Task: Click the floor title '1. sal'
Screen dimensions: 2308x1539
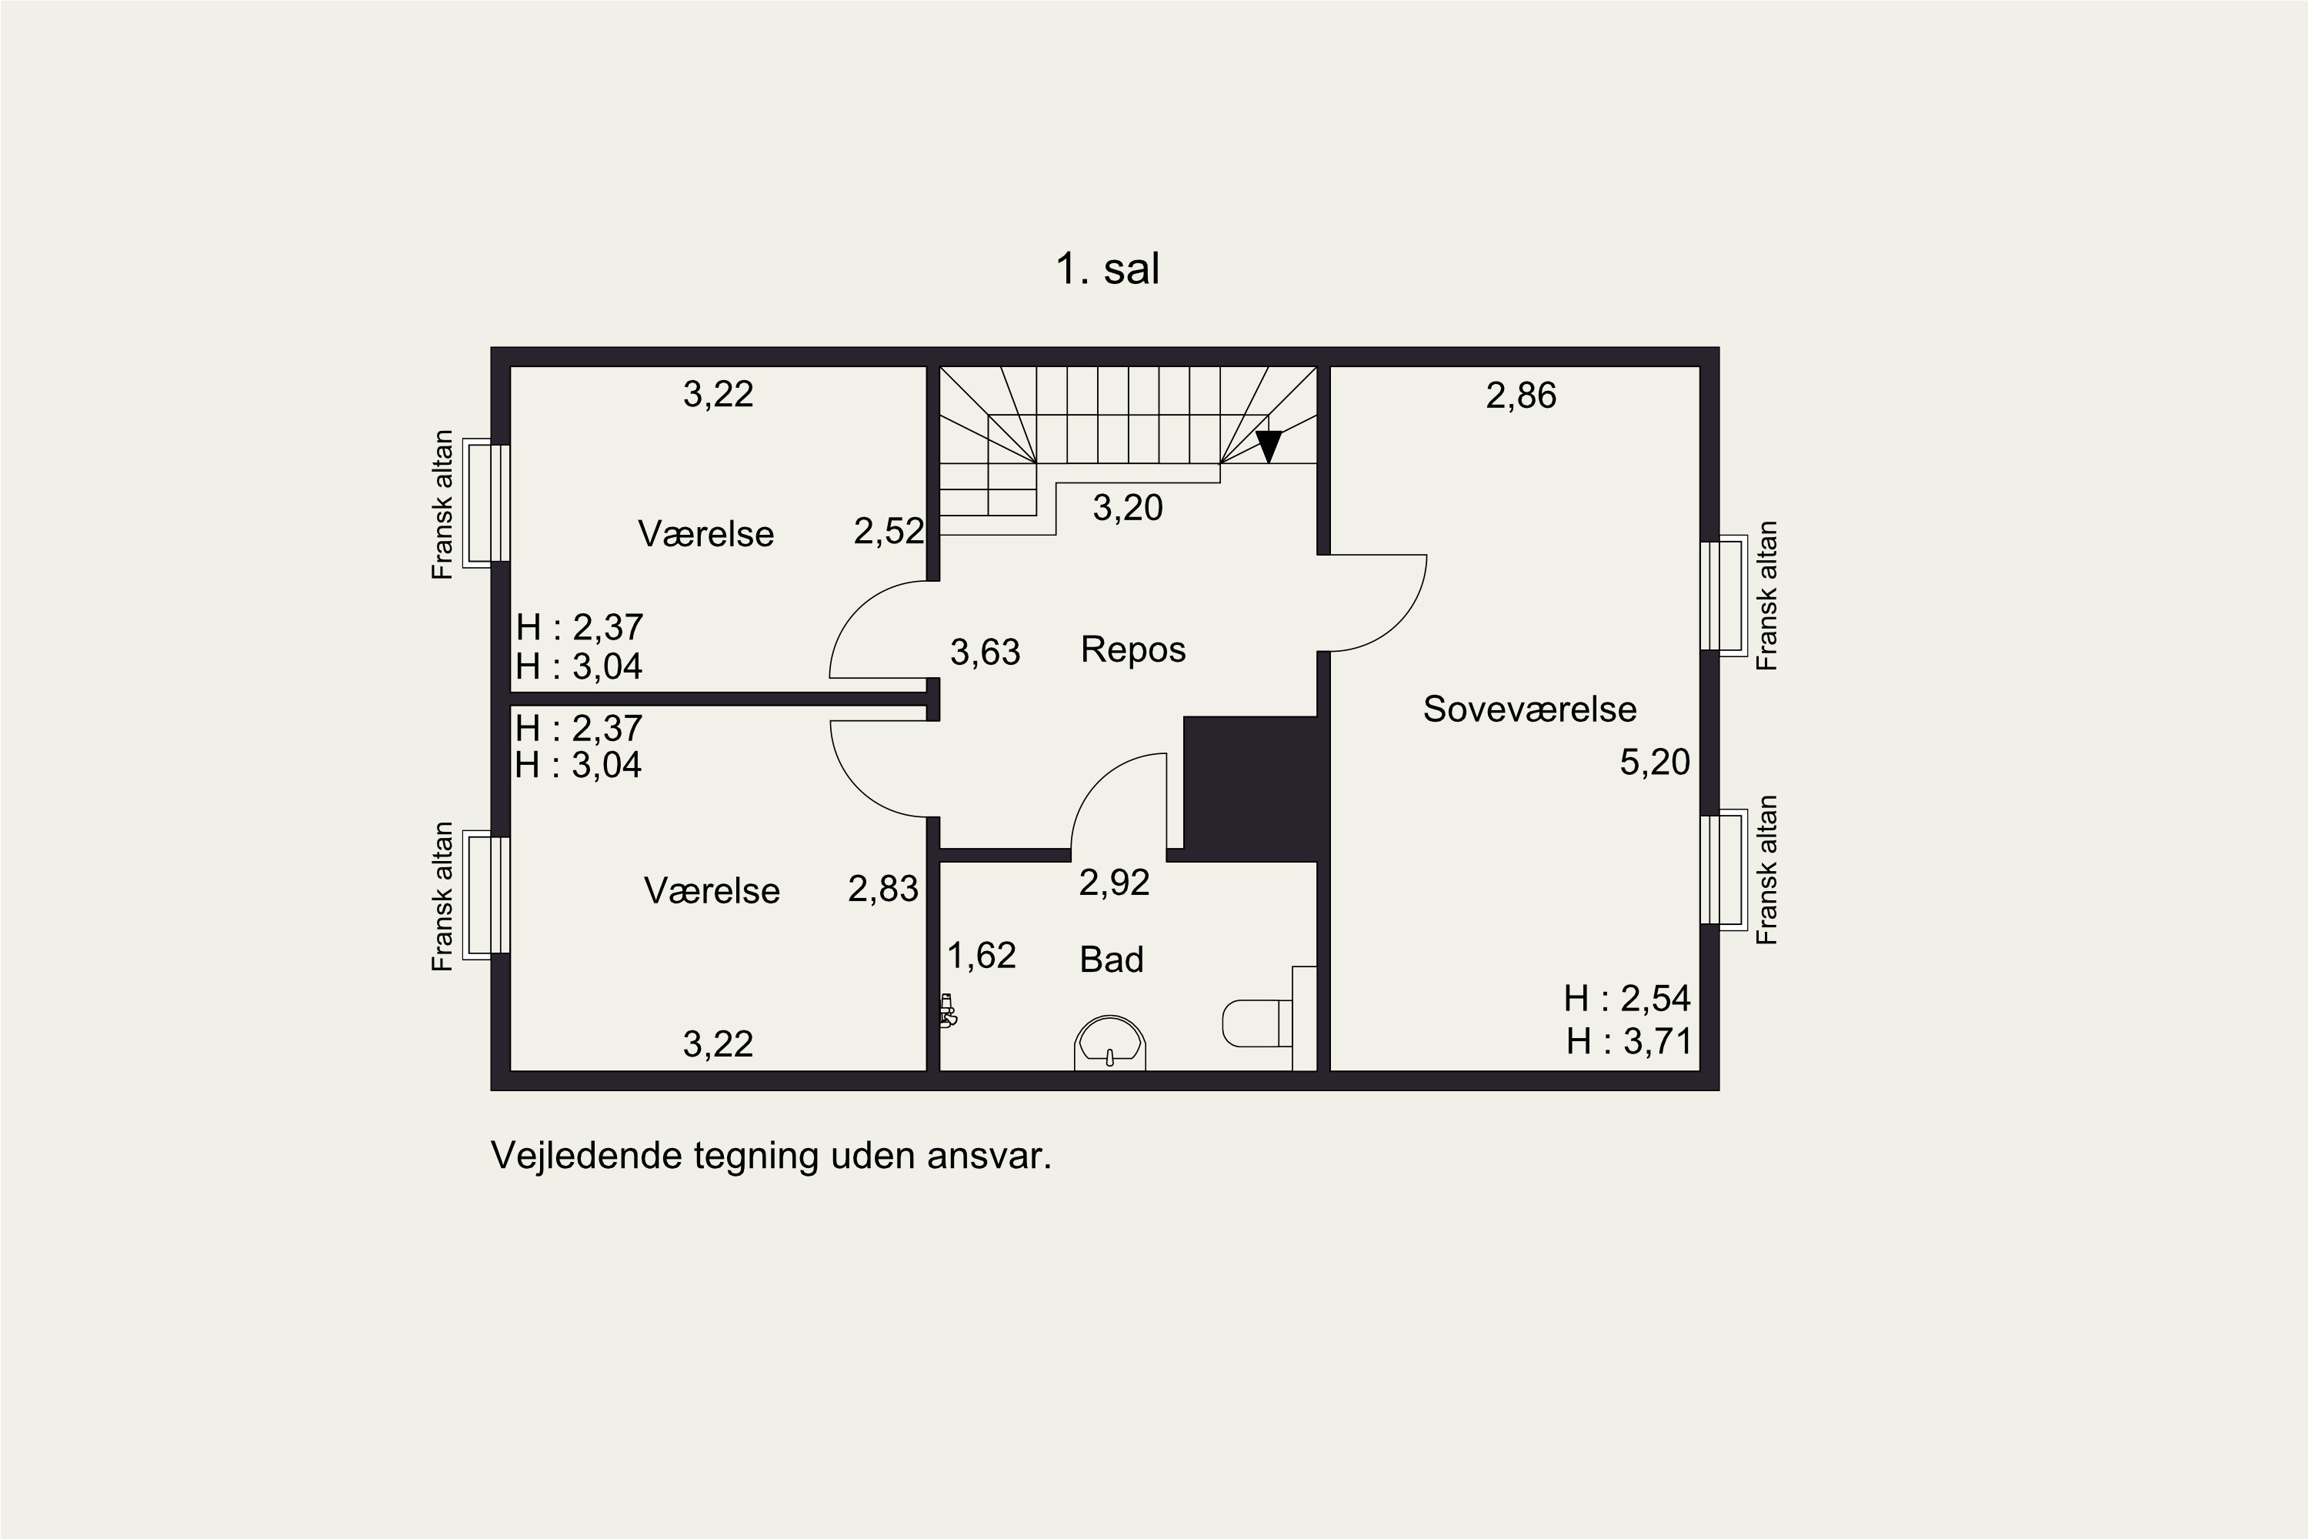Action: pyautogui.click(x=1107, y=269)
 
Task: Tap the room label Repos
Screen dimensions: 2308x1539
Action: pyautogui.click(x=1133, y=649)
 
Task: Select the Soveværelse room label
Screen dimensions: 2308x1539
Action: pyautogui.click(x=1530, y=709)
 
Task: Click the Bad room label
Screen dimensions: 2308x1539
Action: pyautogui.click(x=1112, y=959)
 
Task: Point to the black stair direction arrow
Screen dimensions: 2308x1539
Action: pyautogui.click(x=1269, y=446)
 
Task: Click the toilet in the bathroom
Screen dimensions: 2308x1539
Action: pyautogui.click(x=1257, y=1023)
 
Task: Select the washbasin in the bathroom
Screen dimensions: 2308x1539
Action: pyautogui.click(x=1110, y=1043)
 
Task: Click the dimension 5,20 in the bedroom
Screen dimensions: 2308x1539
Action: pyautogui.click(x=1655, y=763)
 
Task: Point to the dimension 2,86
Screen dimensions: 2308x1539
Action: pyautogui.click(x=1521, y=396)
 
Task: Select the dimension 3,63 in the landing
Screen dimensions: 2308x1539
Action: pyautogui.click(x=986, y=652)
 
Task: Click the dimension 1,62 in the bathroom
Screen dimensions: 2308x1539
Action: pyautogui.click(x=982, y=955)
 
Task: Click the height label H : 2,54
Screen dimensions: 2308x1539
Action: pyautogui.click(x=1627, y=998)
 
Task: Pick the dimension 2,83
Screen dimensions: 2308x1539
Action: pyautogui.click(x=883, y=890)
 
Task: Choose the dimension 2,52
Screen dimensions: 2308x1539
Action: pyautogui.click(x=889, y=531)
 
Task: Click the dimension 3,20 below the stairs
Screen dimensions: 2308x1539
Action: pyautogui.click(x=1128, y=507)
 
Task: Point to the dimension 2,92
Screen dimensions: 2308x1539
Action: pyautogui.click(x=1114, y=883)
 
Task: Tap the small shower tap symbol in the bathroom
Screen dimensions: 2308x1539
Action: pyautogui.click(x=948, y=1011)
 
